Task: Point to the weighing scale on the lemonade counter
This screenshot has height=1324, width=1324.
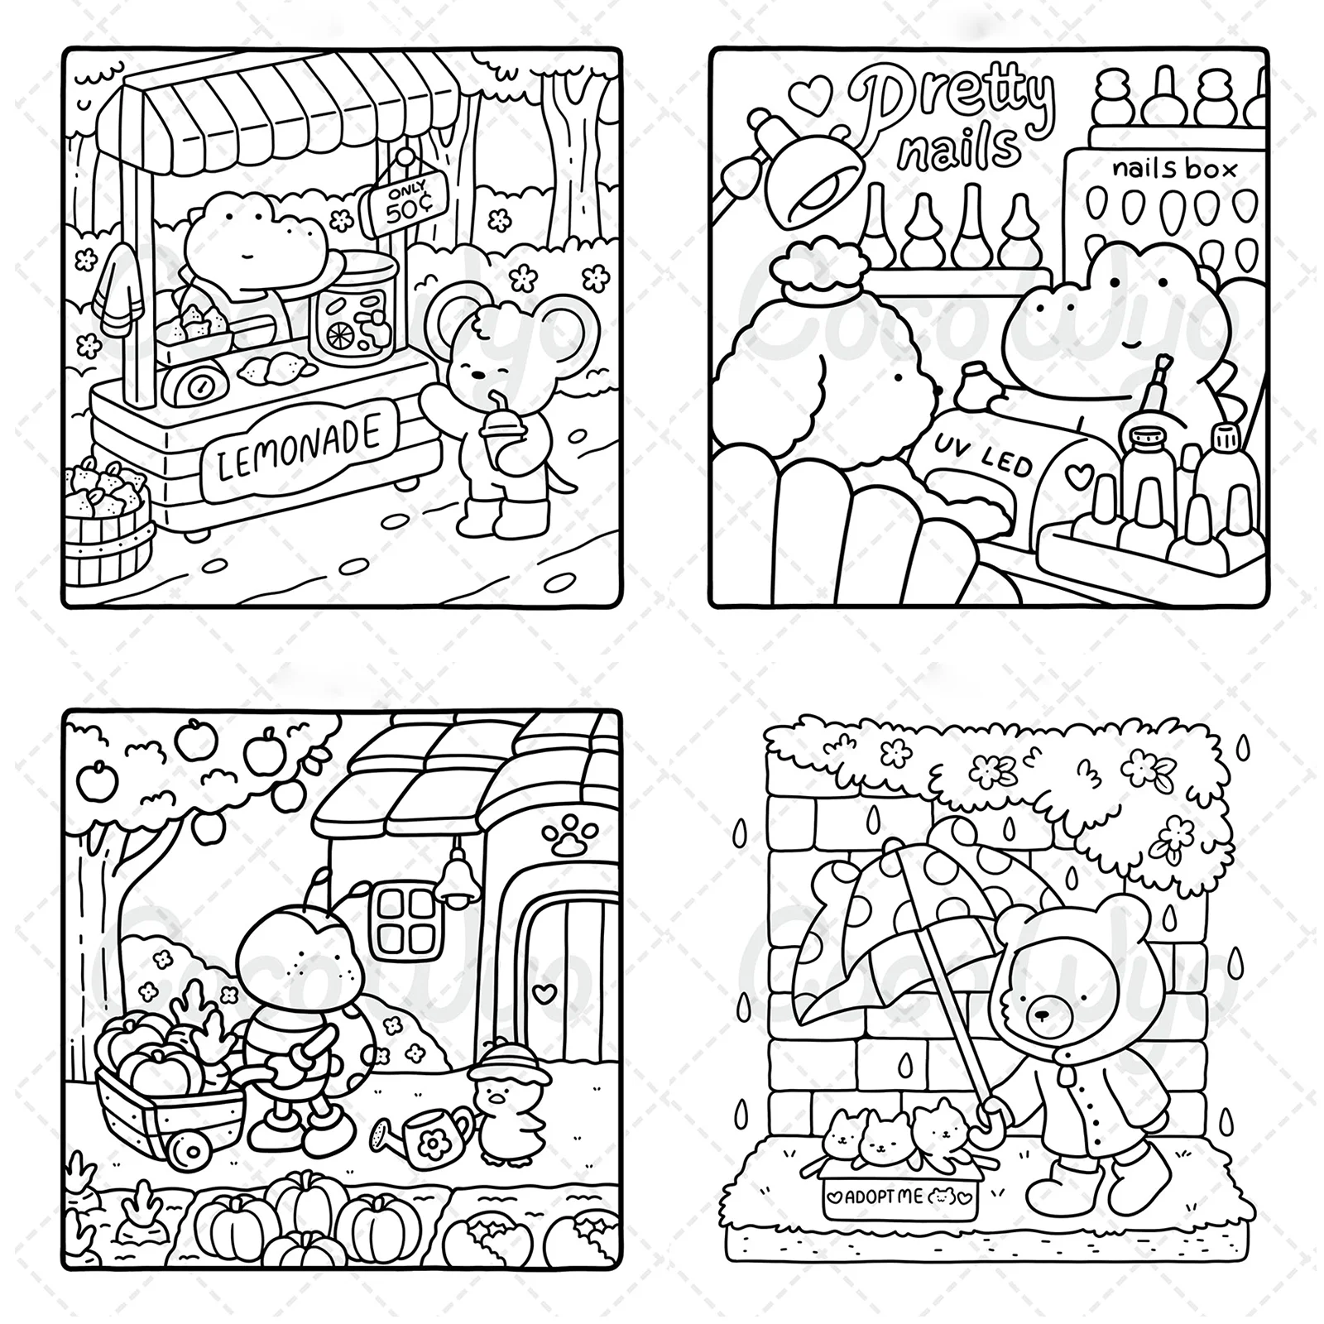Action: (x=195, y=382)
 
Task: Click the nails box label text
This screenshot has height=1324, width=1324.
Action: (x=1174, y=169)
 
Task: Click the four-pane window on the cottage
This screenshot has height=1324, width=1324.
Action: (x=399, y=922)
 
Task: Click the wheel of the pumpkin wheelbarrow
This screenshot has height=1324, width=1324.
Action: (x=191, y=1151)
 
